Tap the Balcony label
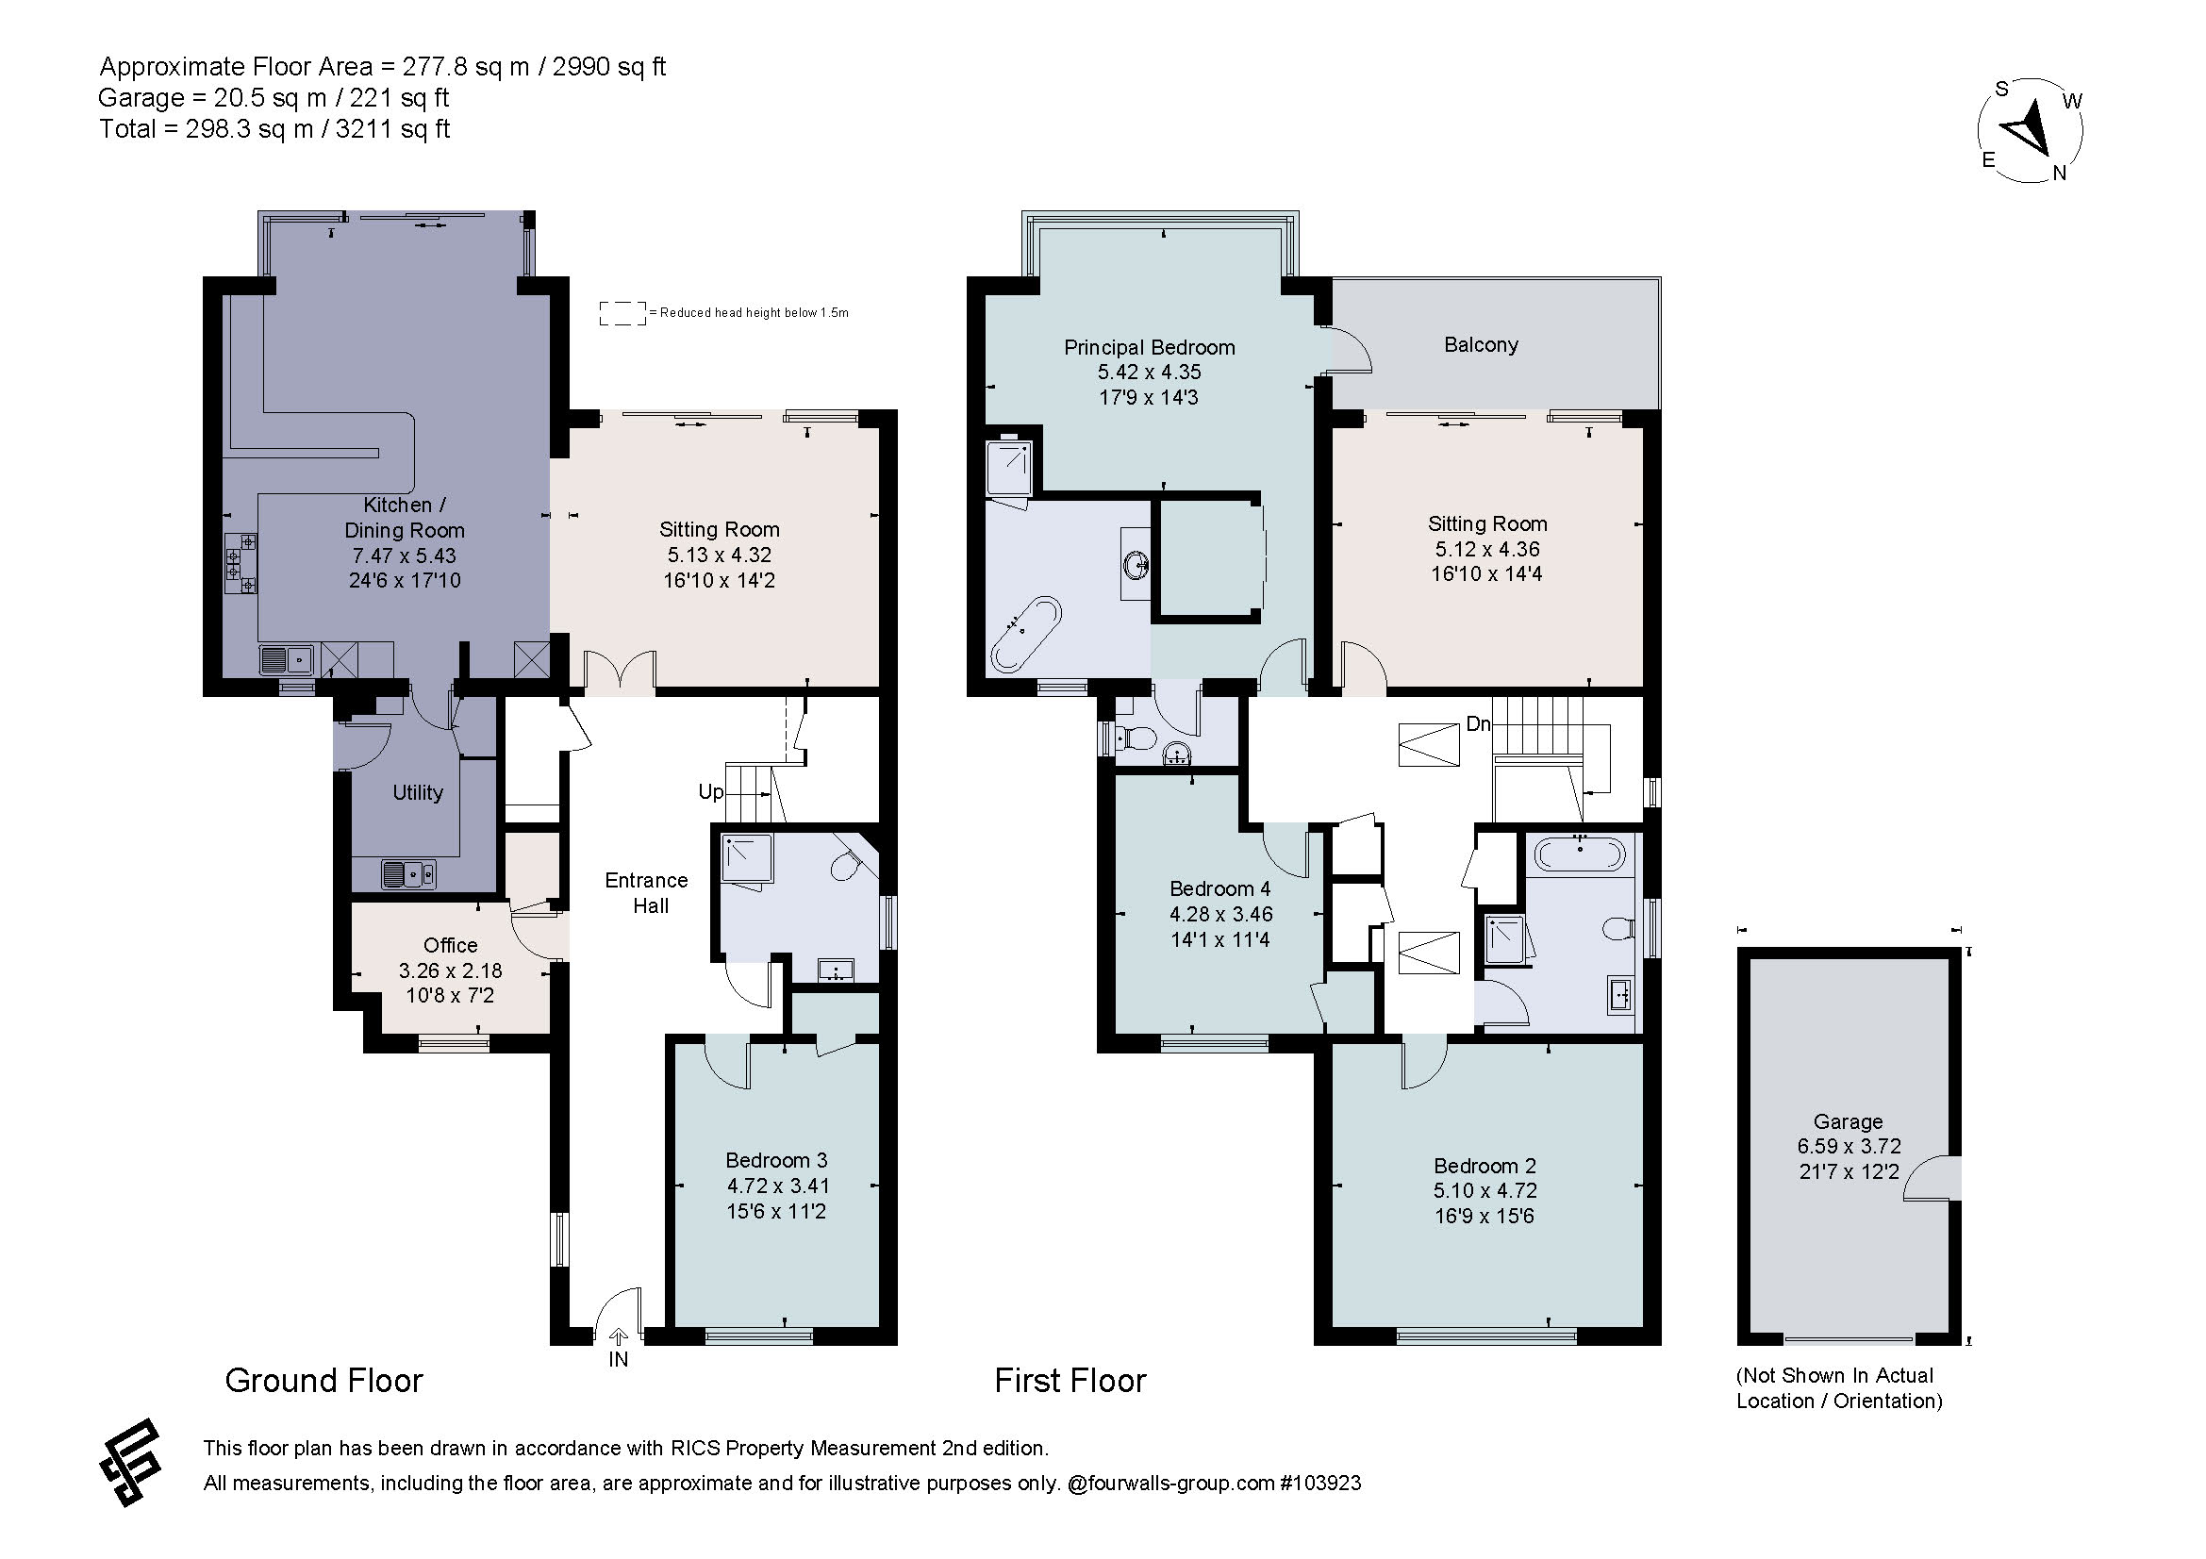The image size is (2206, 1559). [1481, 345]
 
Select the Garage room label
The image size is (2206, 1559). [1848, 1121]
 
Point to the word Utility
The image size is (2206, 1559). [418, 792]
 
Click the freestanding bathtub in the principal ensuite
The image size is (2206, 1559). [1025, 634]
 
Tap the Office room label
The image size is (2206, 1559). [451, 945]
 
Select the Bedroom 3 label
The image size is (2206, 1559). [776, 1160]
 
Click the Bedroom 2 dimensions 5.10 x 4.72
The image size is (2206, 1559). [1485, 1191]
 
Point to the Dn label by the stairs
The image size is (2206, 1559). [1478, 723]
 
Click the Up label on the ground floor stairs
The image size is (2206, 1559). [711, 792]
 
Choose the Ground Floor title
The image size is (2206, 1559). [323, 1381]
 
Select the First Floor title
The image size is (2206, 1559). [1070, 1381]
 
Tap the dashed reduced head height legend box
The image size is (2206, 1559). [622, 313]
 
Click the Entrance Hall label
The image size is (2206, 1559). [647, 893]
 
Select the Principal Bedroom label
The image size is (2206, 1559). [1149, 348]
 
